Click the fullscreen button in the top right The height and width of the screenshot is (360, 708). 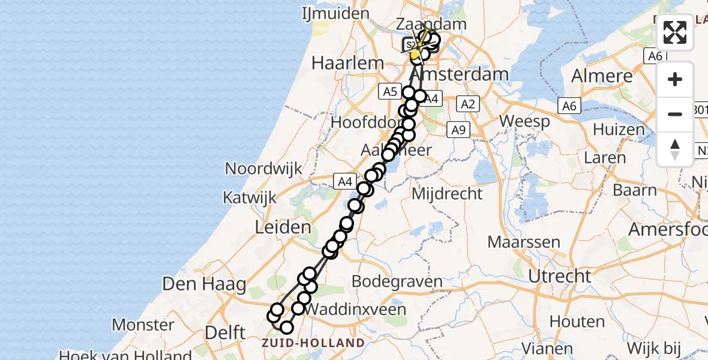coord(675,32)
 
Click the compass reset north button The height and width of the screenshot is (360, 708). coord(675,149)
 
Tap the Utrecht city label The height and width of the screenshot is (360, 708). coord(559,276)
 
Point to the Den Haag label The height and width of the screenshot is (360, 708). coord(203,283)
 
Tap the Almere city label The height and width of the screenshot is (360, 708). coord(602,76)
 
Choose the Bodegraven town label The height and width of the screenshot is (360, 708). coord(397,281)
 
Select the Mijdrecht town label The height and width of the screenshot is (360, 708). coord(447,193)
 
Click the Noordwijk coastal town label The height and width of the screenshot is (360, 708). coord(263,169)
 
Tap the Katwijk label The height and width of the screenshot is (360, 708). coord(249,197)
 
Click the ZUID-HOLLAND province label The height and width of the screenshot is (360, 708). coord(313,343)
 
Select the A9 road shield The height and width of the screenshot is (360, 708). coord(458,130)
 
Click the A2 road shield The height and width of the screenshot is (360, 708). coord(467,104)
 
